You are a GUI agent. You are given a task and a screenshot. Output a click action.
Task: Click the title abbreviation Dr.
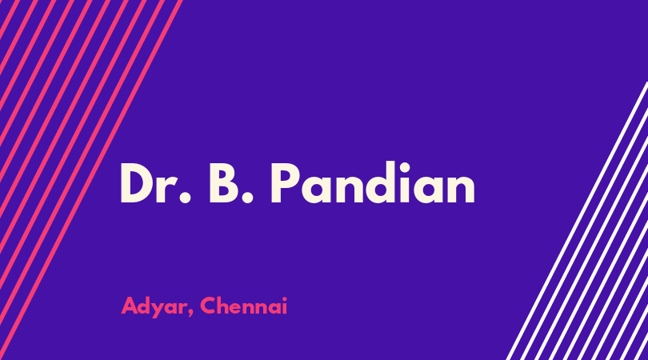tap(156, 182)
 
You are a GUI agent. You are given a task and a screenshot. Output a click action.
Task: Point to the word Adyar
tap(154, 306)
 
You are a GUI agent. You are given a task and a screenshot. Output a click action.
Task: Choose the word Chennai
tap(243, 306)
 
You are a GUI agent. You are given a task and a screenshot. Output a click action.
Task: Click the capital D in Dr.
tap(137, 183)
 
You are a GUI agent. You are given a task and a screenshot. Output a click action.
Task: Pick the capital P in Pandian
tap(286, 183)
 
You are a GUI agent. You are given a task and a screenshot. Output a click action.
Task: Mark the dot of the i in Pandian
tap(404, 166)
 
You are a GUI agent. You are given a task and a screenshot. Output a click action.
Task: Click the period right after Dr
tap(185, 198)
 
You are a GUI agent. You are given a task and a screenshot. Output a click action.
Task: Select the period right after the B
tap(247, 198)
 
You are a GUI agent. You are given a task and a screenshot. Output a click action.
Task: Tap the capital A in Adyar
tap(130, 306)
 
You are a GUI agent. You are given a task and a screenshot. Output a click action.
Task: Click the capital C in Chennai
tap(209, 306)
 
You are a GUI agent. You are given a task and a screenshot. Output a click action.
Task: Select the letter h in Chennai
tap(226, 306)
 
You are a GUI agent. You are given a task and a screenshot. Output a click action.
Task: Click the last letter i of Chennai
tap(284, 306)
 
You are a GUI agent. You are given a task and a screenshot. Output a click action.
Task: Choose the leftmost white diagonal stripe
tap(577, 221)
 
